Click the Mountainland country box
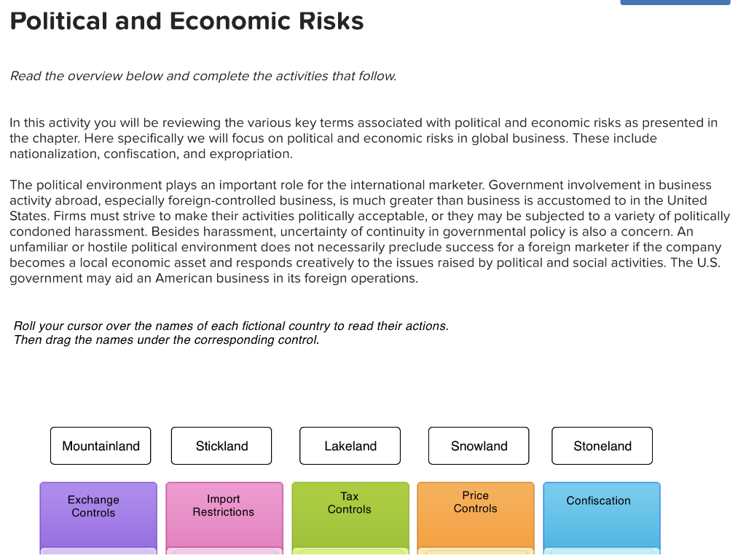pyautogui.click(x=101, y=446)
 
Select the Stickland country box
pyautogui.click(x=221, y=446)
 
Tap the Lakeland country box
pyautogui.click(x=350, y=446)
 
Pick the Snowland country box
pyautogui.click(x=479, y=446)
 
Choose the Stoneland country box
pyautogui.click(x=602, y=446)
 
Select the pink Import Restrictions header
pyautogui.click(x=224, y=506)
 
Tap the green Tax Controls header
pyautogui.click(x=350, y=503)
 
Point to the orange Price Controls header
pyautogui.click(x=476, y=502)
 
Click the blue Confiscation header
pyautogui.click(x=599, y=500)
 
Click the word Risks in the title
pyautogui.click(x=331, y=21)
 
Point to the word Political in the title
pyautogui.click(x=59, y=21)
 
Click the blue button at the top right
pyautogui.click(x=675, y=2)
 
